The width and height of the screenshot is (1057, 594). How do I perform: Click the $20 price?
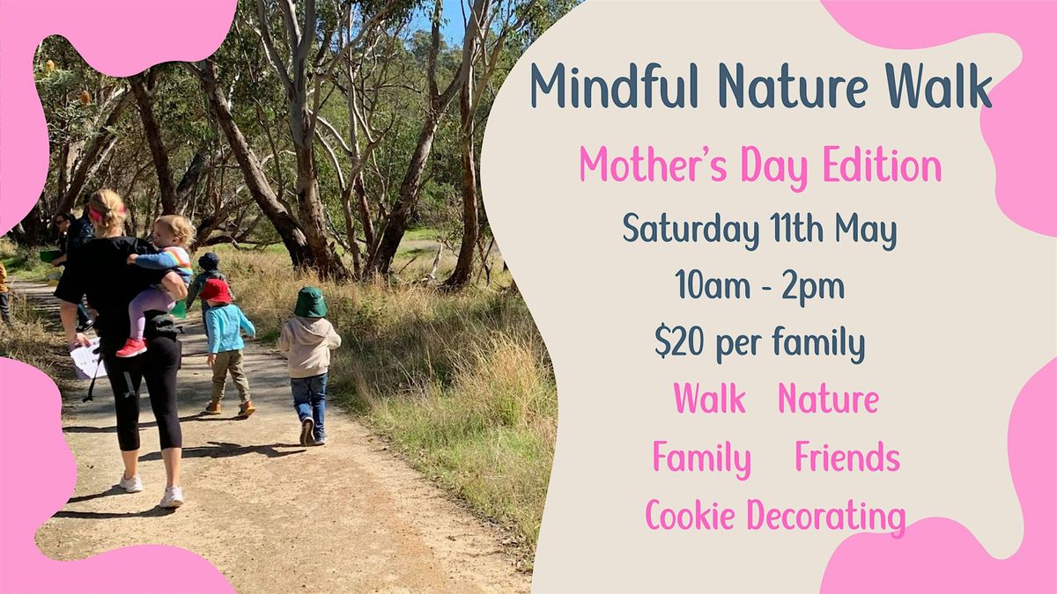point(679,344)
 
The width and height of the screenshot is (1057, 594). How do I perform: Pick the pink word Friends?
point(846,458)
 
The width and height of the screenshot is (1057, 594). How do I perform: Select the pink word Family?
point(701,458)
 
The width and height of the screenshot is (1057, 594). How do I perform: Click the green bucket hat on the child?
point(310,302)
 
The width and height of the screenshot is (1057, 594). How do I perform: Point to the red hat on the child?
point(215,290)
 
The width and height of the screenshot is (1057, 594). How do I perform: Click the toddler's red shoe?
point(131,348)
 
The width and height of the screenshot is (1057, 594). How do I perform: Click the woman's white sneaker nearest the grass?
point(171,497)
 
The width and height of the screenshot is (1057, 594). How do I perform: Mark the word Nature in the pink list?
point(828,400)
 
